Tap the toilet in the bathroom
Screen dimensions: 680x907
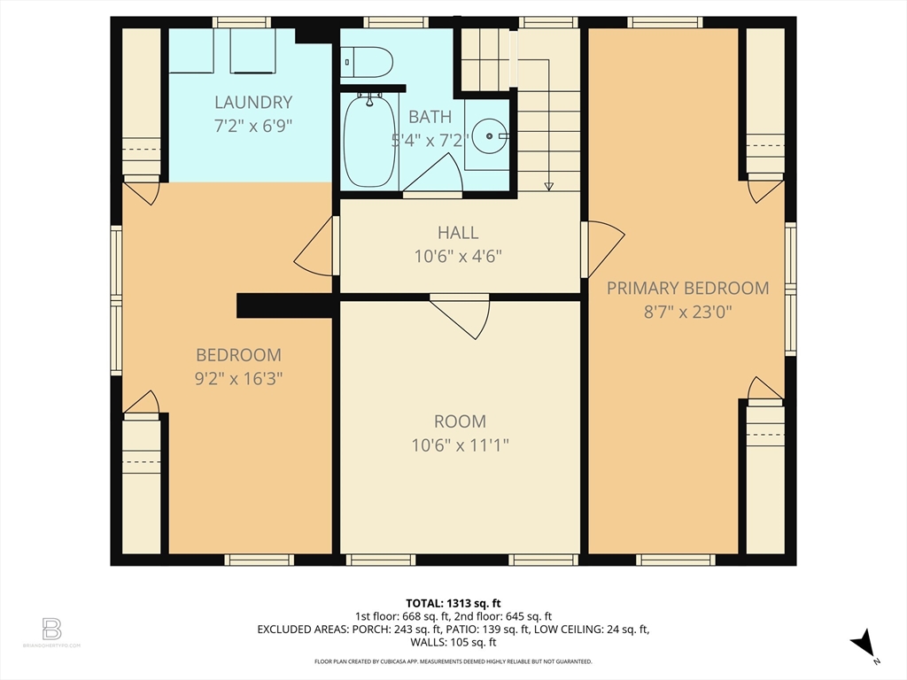click(x=368, y=61)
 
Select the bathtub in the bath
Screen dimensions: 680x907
click(x=368, y=142)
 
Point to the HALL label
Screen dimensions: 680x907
click(x=458, y=233)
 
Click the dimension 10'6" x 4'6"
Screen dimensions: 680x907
click(x=458, y=258)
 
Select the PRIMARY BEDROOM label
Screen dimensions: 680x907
click(x=687, y=288)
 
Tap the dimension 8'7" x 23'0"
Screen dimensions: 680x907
click(x=687, y=312)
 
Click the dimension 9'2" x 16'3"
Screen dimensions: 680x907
click(x=238, y=379)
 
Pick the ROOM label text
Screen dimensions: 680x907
click(x=460, y=421)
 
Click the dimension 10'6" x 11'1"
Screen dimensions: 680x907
click(x=460, y=445)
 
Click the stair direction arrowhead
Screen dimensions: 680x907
click(x=549, y=186)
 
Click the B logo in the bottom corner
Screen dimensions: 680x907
click(x=51, y=630)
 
